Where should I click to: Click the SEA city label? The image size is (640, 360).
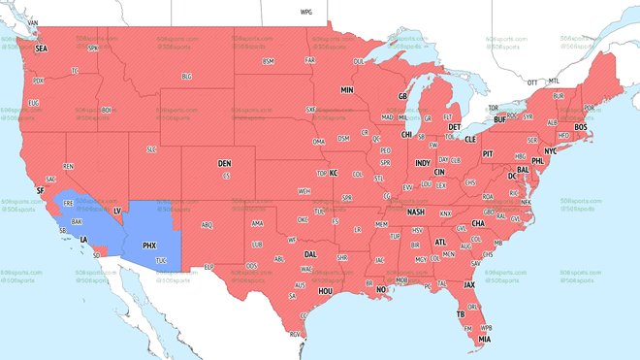pos(41,49)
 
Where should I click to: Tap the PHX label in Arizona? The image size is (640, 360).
pos(149,245)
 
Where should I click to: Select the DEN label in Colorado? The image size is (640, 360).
pos(224,164)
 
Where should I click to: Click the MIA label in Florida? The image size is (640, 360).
pos(484,340)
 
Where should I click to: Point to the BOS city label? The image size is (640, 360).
pos(581,127)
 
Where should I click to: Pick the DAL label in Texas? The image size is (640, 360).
pos(310,254)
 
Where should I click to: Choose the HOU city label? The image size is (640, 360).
pos(326,291)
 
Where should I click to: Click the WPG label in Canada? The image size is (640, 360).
pos(306,13)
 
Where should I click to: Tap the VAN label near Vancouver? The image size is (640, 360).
pos(33,22)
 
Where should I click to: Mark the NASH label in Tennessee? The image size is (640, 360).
pos(416,212)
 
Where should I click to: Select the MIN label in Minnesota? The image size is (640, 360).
pos(347,90)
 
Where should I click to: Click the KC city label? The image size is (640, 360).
pos(334,174)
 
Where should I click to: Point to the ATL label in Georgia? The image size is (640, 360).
pos(441,243)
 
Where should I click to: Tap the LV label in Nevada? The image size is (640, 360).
pos(117,211)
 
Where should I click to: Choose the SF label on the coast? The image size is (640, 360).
pos(41,191)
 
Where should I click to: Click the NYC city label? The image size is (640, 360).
pos(551,151)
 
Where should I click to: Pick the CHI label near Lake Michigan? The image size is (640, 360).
pos(407,135)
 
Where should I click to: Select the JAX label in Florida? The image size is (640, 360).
pos(469,285)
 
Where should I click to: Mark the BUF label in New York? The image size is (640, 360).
pos(500,120)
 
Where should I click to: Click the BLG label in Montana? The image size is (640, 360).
pos(186,77)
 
